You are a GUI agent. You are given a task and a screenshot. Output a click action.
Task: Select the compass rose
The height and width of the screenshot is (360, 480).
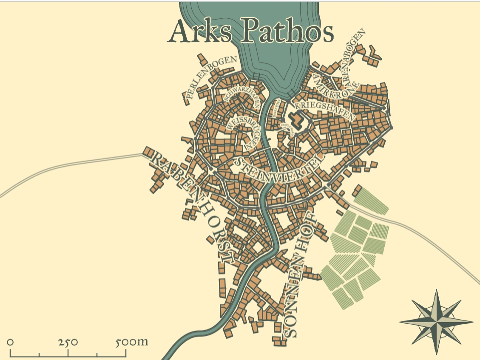437,322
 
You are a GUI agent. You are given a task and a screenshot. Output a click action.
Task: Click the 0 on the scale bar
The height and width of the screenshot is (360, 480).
10,342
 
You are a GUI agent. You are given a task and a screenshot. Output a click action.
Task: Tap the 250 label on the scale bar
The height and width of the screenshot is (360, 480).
68,342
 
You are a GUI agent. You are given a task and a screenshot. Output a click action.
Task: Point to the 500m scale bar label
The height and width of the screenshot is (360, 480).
132,342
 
